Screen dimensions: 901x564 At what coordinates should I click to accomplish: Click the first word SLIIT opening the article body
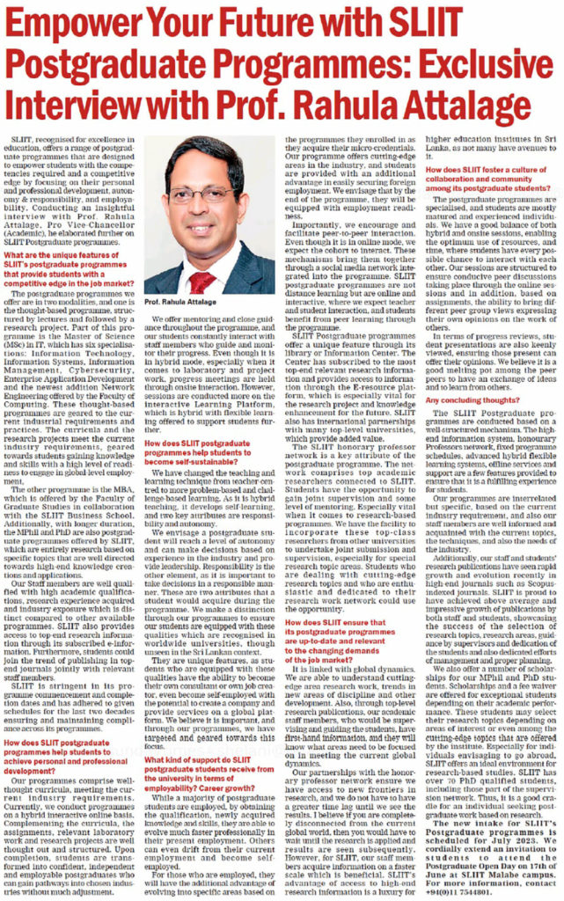(x=25, y=139)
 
